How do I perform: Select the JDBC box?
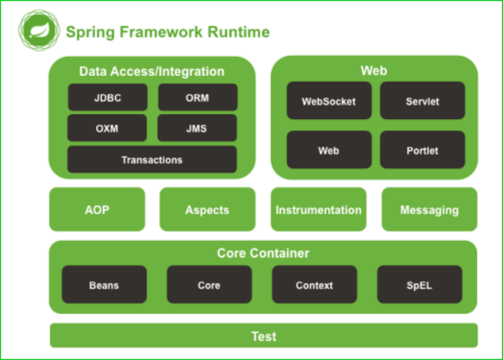pos(108,97)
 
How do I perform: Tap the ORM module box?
pos(197,97)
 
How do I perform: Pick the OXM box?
pos(108,128)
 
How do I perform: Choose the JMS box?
pos(197,128)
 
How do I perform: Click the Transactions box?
pos(152,160)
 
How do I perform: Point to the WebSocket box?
pos(329,101)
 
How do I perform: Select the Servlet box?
pos(422,101)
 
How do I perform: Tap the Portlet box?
pos(422,150)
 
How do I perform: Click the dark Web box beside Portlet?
pos(329,150)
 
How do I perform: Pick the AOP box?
pos(97,210)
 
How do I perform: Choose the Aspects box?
pos(207,210)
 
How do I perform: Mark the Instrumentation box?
pos(319,210)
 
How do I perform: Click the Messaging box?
pos(429,210)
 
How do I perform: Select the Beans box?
pos(104,285)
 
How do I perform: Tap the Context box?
pos(314,285)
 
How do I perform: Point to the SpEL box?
pos(419,285)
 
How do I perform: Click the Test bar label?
pos(263,336)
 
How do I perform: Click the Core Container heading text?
pos(263,253)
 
